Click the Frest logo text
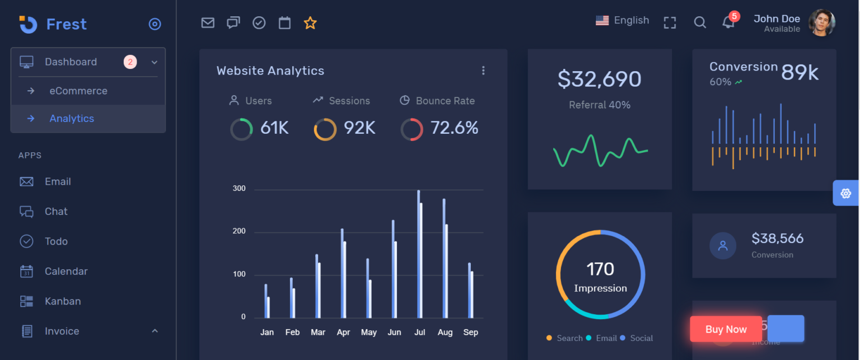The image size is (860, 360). click(x=66, y=24)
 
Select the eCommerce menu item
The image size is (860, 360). click(x=78, y=91)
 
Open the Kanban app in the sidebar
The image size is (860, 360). click(x=62, y=301)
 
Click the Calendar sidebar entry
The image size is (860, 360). click(x=66, y=271)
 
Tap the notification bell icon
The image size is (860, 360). click(x=728, y=22)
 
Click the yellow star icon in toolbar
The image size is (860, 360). click(x=310, y=23)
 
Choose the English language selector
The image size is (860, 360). click(x=622, y=21)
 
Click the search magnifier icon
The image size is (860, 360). click(x=699, y=22)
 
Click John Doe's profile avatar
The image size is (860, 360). click(x=821, y=23)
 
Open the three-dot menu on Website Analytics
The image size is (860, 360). click(x=483, y=71)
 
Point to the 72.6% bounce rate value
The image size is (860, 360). click(x=454, y=128)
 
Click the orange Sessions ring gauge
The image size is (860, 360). click(x=325, y=129)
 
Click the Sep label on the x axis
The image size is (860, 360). click(x=470, y=333)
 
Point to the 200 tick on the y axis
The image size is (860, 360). click(x=239, y=231)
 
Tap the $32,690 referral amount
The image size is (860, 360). click(x=599, y=79)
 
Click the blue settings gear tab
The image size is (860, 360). click(x=845, y=193)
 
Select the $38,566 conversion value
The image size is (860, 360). click(x=777, y=239)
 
